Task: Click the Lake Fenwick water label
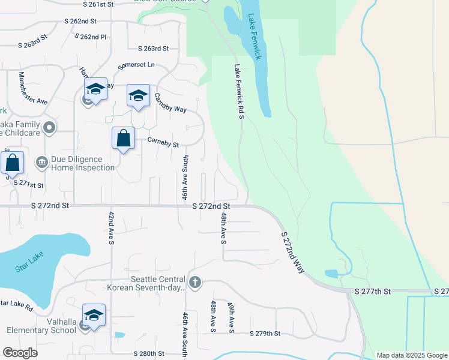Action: click(x=253, y=37)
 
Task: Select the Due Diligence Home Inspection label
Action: click(x=82, y=163)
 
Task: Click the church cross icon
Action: click(x=194, y=282)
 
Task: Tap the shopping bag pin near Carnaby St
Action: click(x=123, y=138)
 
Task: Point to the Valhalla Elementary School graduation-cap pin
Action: click(x=94, y=315)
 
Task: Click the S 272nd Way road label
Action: click(x=292, y=252)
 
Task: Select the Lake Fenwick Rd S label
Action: click(x=240, y=91)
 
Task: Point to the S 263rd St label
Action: click(x=153, y=49)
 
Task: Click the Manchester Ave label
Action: click(x=32, y=88)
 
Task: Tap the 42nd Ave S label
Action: click(x=111, y=228)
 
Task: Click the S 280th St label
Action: click(x=149, y=354)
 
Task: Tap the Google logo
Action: click(x=20, y=353)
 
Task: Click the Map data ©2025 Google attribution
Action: click(x=411, y=355)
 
